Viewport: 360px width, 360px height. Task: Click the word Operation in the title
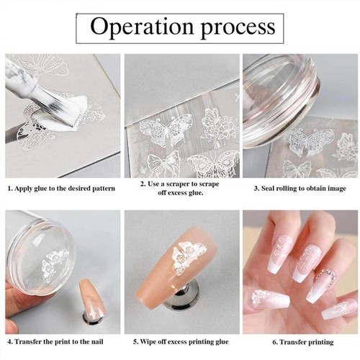click(x=142, y=27)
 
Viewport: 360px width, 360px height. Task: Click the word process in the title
click(x=238, y=28)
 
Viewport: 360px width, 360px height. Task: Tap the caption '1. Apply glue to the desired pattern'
click(x=61, y=189)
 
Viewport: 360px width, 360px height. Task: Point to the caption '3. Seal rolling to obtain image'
click(x=300, y=189)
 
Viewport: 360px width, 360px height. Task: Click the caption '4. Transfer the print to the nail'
click(x=55, y=341)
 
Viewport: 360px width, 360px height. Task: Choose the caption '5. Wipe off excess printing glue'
click(x=181, y=341)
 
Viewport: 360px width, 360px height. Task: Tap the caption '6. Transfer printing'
click(x=303, y=342)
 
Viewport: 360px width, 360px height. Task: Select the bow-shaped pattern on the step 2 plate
click(x=163, y=163)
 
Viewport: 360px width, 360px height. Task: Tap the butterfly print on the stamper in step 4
click(x=55, y=265)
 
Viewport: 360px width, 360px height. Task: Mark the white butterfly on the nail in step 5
click(x=189, y=257)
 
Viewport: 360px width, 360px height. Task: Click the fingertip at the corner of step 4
click(x=11, y=326)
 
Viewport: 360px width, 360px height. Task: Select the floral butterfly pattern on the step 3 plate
click(x=310, y=141)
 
